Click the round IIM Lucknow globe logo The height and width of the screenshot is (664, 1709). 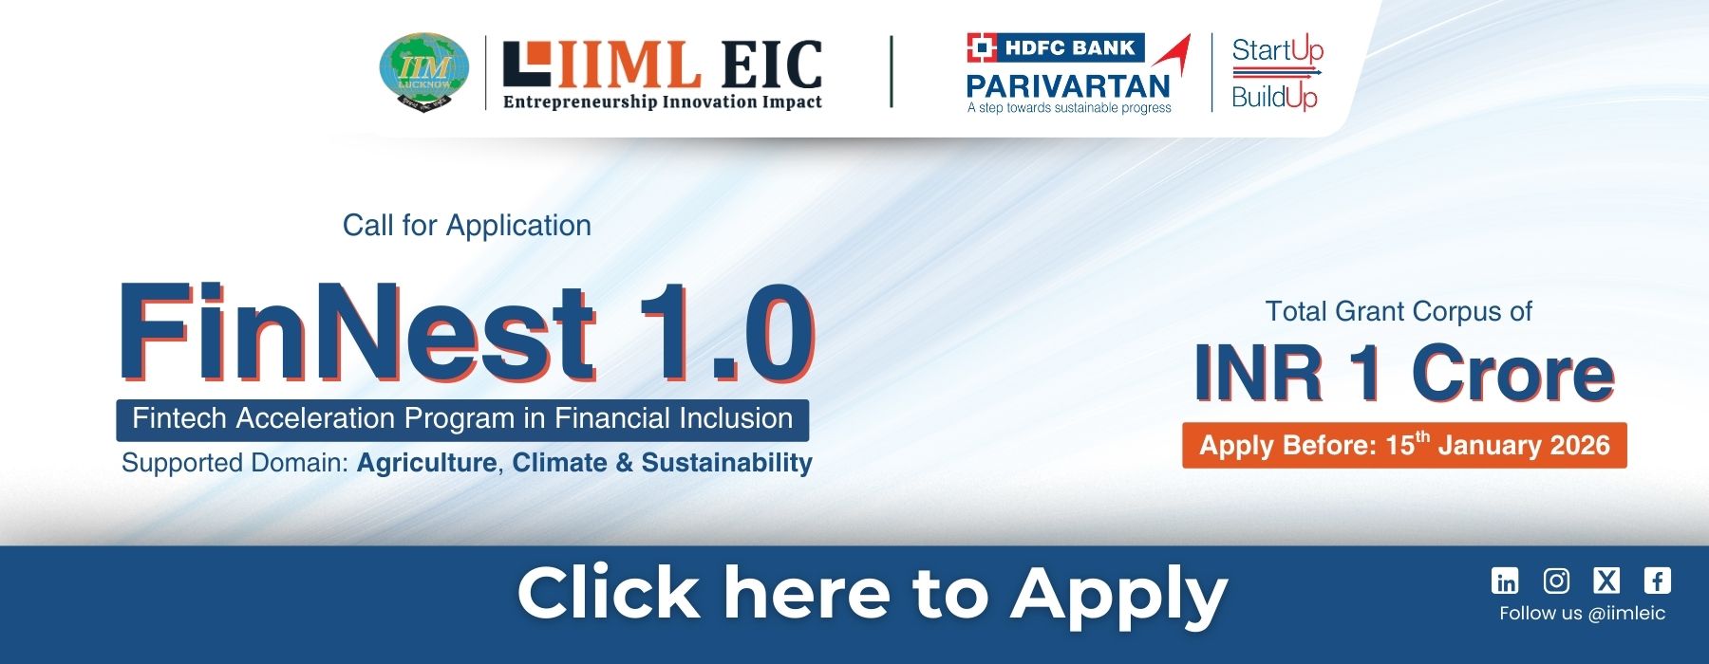point(423,72)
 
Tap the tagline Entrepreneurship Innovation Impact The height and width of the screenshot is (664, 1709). point(662,101)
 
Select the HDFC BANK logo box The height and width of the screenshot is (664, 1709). point(1056,47)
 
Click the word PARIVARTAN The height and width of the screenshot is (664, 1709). point(1068,86)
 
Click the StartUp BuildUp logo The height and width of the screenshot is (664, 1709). point(1277,73)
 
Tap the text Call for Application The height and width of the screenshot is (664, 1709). point(467,225)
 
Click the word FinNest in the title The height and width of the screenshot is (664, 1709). point(357,332)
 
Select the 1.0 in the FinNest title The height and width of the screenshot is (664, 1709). point(727,332)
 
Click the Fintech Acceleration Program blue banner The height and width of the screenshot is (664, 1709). point(462,419)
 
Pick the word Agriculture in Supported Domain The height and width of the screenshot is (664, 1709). point(426,463)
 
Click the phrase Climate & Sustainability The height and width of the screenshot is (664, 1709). point(663,463)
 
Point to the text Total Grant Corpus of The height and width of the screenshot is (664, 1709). point(1399,311)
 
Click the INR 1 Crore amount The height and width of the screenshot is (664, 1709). point(1404,373)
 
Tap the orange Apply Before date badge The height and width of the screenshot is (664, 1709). point(1404,445)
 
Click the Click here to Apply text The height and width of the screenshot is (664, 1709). point(873,595)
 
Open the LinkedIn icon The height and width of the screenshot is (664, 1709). point(1505,581)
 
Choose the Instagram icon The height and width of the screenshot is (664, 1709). point(1556,581)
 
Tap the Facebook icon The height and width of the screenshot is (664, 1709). point(1658,581)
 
